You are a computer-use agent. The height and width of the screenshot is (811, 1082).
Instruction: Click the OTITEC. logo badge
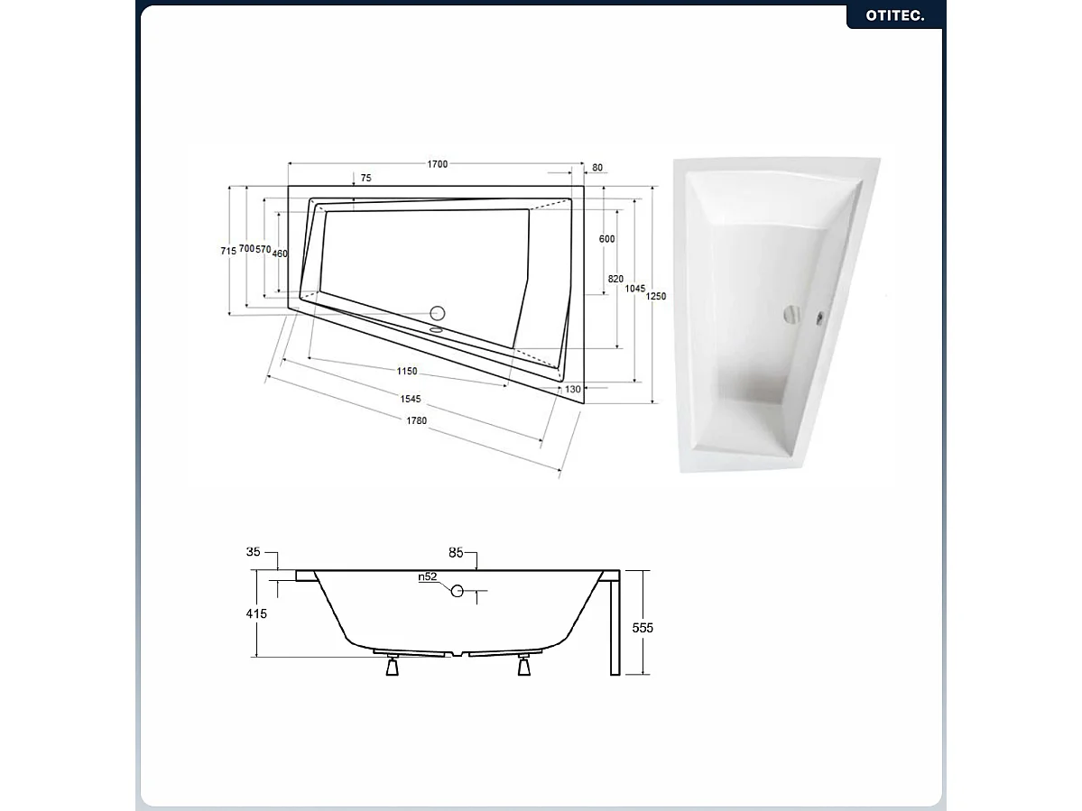pyautogui.click(x=895, y=15)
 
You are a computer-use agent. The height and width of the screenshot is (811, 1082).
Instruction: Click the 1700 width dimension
pyautogui.click(x=437, y=164)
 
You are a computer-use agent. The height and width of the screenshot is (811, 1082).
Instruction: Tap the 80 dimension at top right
pyautogui.click(x=597, y=168)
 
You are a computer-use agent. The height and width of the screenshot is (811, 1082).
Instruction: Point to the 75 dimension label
pyautogui.click(x=365, y=179)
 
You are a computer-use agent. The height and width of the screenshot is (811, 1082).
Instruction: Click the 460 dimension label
pyautogui.click(x=280, y=253)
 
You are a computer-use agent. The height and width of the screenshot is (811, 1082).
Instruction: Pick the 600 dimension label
pyautogui.click(x=606, y=239)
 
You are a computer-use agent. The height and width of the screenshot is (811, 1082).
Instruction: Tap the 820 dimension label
pyautogui.click(x=615, y=280)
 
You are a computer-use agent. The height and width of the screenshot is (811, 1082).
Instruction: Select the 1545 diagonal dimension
pyautogui.click(x=410, y=399)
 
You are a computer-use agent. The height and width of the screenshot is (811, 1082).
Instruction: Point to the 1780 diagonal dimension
pyautogui.click(x=415, y=421)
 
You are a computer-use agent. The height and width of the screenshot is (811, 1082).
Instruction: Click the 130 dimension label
pyautogui.click(x=572, y=390)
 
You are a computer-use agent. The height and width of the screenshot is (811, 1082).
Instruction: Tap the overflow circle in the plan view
pyautogui.click(x=438, y=314)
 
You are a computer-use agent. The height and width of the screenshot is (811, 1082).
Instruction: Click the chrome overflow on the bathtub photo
pyautogui.click(x=791, y=315)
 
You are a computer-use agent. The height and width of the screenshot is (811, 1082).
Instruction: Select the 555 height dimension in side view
pyautogui.click(x=642, y=628)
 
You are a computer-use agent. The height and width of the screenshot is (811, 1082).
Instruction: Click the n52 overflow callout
pyautogui.click(x=428, y=577)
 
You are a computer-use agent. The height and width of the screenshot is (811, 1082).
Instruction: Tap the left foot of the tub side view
pyautogui.click(x=393, y=668)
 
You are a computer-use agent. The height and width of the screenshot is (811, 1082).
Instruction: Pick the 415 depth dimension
pyautogui.click(x=258, y=613)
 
